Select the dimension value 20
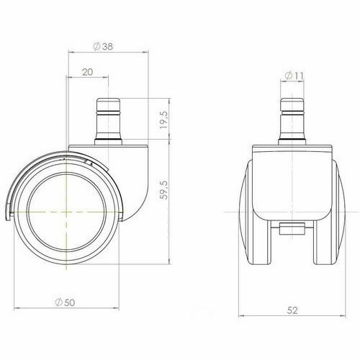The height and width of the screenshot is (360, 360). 86,72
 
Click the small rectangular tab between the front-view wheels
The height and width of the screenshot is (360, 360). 292,230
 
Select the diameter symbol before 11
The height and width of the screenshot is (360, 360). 287,75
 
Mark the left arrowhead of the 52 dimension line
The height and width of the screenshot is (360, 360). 240,316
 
